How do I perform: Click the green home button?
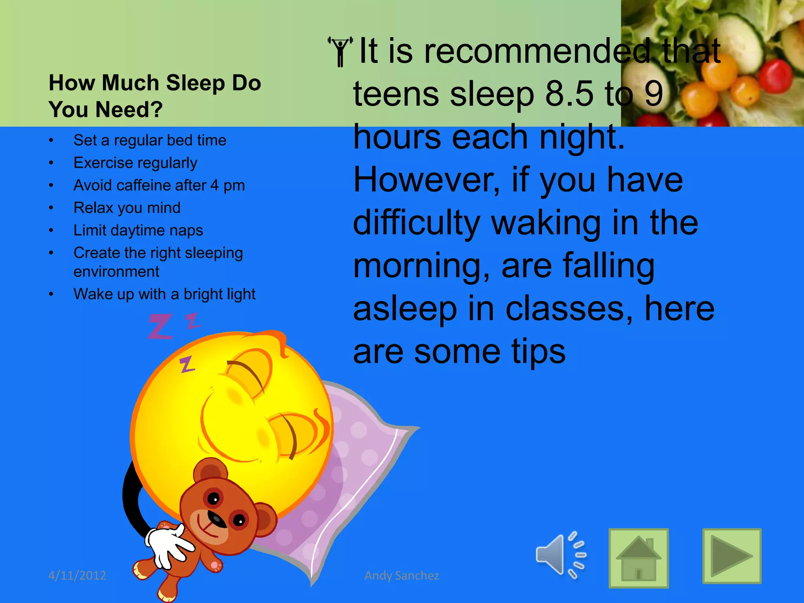638,558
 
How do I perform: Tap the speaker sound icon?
561,555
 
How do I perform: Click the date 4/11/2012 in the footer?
77,576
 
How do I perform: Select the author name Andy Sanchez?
402,576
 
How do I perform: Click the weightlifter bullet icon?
340,51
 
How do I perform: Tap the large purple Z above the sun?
160,326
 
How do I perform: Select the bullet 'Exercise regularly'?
135,163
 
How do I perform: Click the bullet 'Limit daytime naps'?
138,230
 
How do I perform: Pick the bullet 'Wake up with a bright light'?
164,294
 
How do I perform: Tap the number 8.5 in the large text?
569,94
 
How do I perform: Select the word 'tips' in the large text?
538,352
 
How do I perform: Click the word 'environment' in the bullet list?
116,272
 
